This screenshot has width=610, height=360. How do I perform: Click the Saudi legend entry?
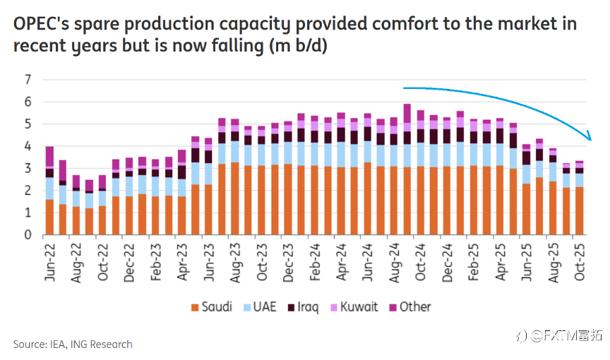click(x=212, y=307)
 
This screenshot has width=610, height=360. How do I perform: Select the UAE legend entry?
click(x=261, y=307)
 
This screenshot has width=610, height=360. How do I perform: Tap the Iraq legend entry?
click(x=303, y=307)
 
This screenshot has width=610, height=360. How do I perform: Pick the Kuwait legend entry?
click(x=354, y=307)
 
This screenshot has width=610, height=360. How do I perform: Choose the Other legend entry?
click(x=409, y=307)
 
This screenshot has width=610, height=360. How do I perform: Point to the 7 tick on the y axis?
click(x=29, y=80)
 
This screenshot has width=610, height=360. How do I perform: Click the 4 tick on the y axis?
click(x=29, y=146)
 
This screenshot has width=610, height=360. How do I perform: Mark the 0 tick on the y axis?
click(x=29, y=234)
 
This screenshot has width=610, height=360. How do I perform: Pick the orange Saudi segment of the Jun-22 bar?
click(x=49, y=217)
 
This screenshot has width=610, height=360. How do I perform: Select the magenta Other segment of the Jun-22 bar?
click(x=49, y=157)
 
